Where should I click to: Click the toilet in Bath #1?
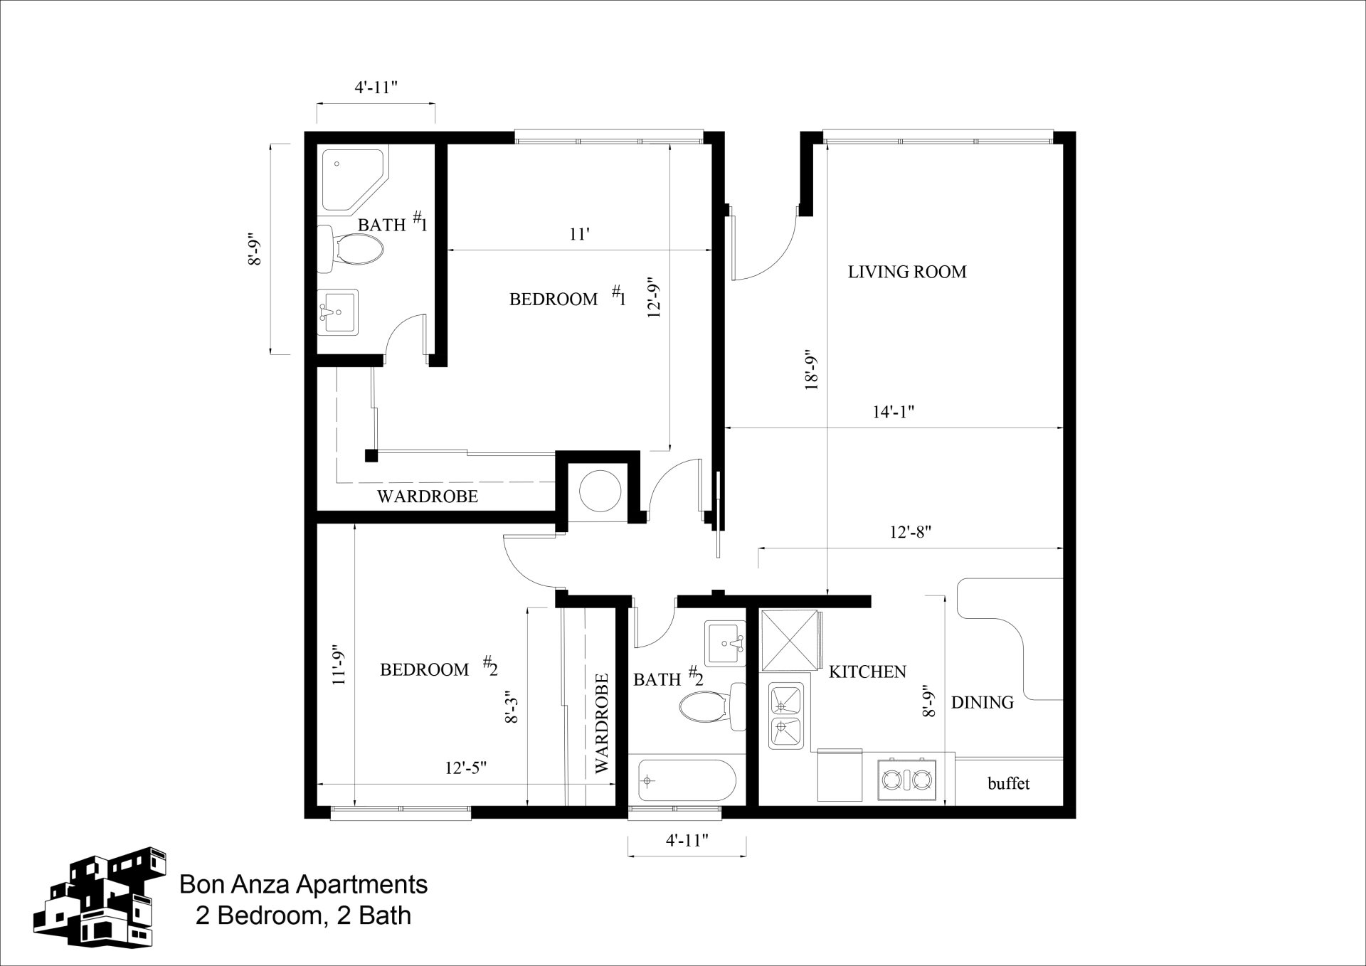[x=352, y=249]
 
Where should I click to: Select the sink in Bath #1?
[x=337, y=312]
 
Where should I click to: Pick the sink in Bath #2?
[x=724, y=643]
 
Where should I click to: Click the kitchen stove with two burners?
[x=907, y=780]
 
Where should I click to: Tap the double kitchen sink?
[x=786, y=716]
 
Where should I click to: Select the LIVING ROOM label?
[x=907, y=272]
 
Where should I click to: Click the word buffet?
[x=1008, y=784]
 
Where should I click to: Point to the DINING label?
[x=982, y=703]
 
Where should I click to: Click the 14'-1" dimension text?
[x=893, y=412]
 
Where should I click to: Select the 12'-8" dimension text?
[x=910, y=532]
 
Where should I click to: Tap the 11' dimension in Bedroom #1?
[x=579, y=234]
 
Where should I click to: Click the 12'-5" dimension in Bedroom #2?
[x=465, y=768]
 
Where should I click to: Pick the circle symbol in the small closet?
[x=600, y=490]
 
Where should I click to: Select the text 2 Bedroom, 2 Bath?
[x=303, y=915]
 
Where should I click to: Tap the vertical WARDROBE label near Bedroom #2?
[x=602, y=723]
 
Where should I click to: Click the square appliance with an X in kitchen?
[x=788, y=639]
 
